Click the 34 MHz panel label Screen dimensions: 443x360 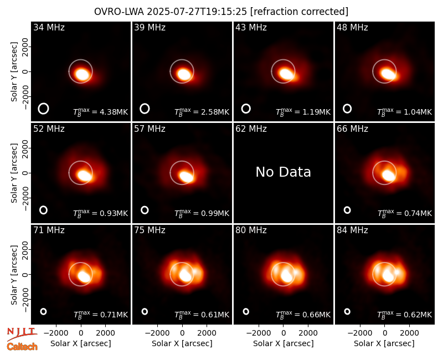[x=49, y=27]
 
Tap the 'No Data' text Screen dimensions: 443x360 [x=283, y=172]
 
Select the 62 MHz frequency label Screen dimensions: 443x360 [x=251, y=129]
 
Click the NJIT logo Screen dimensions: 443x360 [x=22, y=334]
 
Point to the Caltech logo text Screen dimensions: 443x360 [x=22, y=347]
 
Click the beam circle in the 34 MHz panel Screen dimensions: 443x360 [x=44, y=109]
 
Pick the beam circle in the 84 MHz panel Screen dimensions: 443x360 [x=347, y=311]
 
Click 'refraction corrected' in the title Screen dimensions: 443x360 [x=299, y=12]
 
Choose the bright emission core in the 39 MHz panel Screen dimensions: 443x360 [x=184, y=74]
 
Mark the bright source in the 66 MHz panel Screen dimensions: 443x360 [x=389, y=175]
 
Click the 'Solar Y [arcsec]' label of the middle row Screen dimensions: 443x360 [x=14, y=173]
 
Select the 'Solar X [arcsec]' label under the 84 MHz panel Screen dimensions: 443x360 [x=384, y=343]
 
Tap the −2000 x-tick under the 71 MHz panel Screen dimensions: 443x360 [x=56, y=333]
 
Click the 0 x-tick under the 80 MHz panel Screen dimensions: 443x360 [x=284, y=333]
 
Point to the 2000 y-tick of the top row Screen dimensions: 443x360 [x=25, y=47]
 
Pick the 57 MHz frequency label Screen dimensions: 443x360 [x=150, y=129]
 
